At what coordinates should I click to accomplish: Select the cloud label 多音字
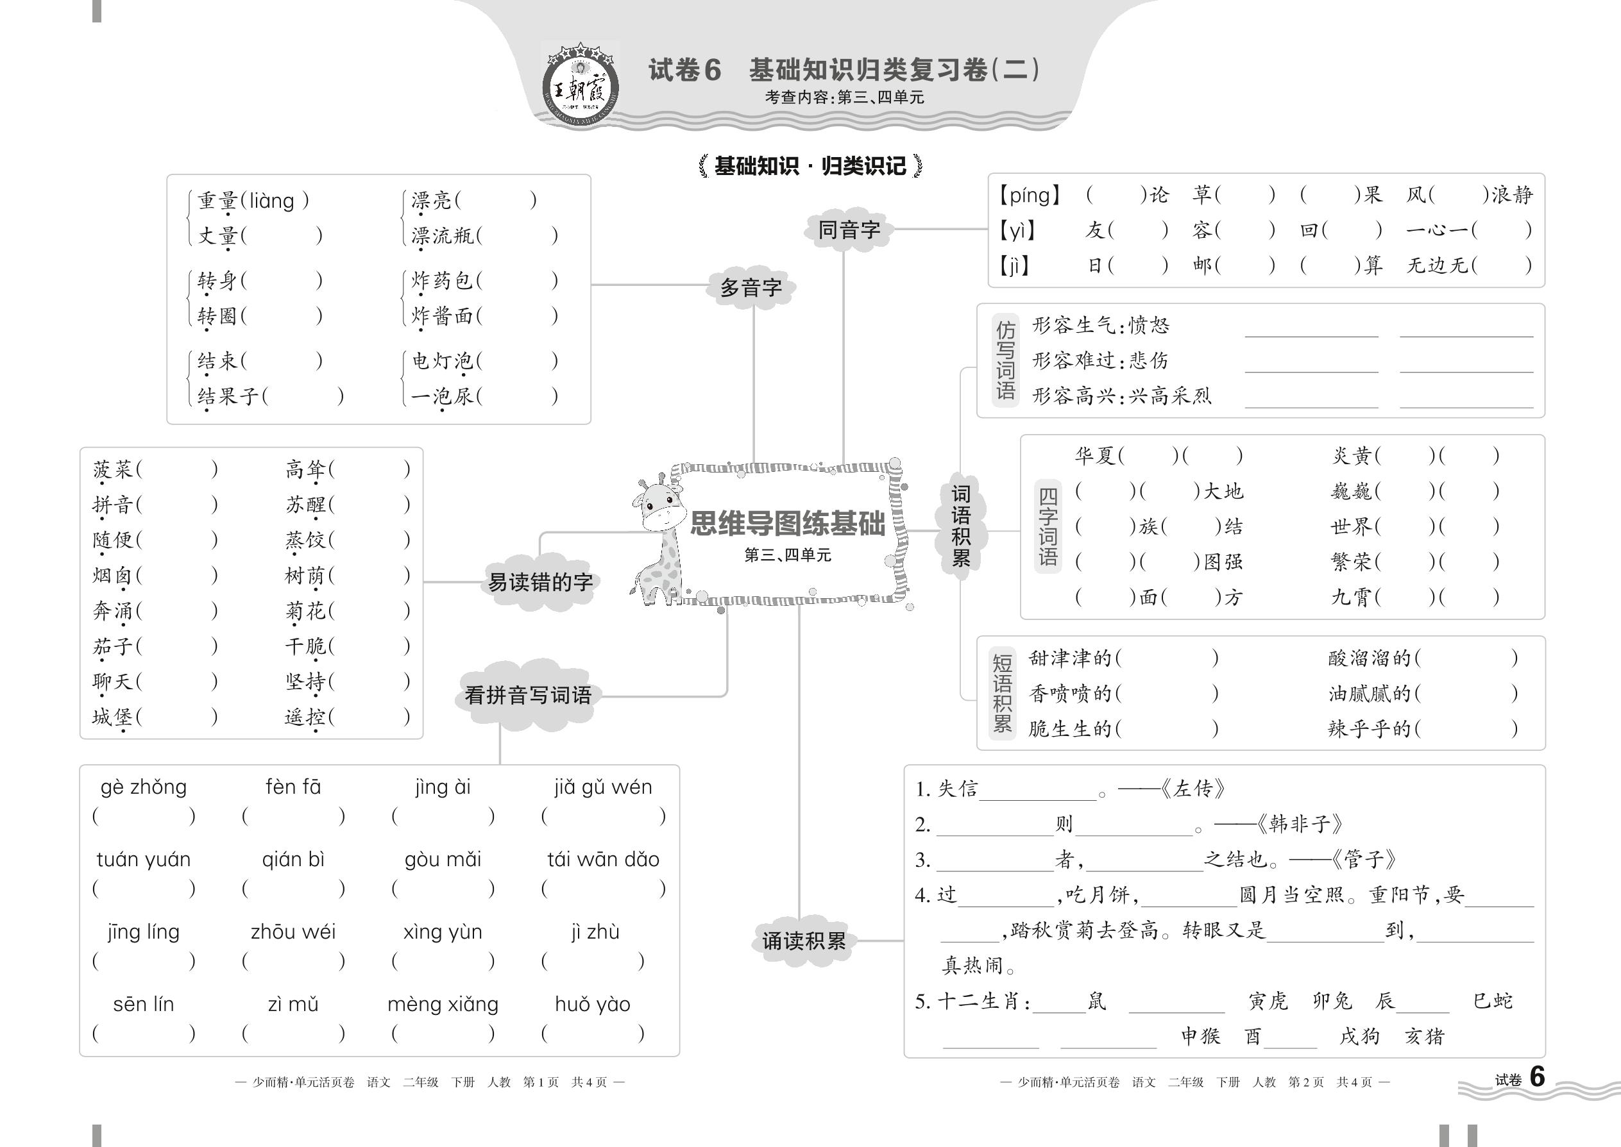point(751,287)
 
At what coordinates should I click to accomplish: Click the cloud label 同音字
point(849,230)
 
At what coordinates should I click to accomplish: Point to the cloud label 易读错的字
point(541,582)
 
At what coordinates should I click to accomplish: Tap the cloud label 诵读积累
point(803,941)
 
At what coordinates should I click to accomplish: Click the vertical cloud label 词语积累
point(961,526)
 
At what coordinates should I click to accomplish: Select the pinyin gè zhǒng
point(144,787)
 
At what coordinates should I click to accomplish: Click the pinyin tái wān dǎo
point(603,860)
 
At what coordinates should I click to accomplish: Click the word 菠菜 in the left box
point(113,469)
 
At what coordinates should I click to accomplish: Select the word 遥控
point(305,717)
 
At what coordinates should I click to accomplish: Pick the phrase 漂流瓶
point(443,235)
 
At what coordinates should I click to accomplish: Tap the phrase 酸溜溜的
point(1370,658)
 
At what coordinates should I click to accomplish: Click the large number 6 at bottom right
point(1537,1076)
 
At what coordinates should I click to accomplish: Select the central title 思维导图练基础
point(787,523)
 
